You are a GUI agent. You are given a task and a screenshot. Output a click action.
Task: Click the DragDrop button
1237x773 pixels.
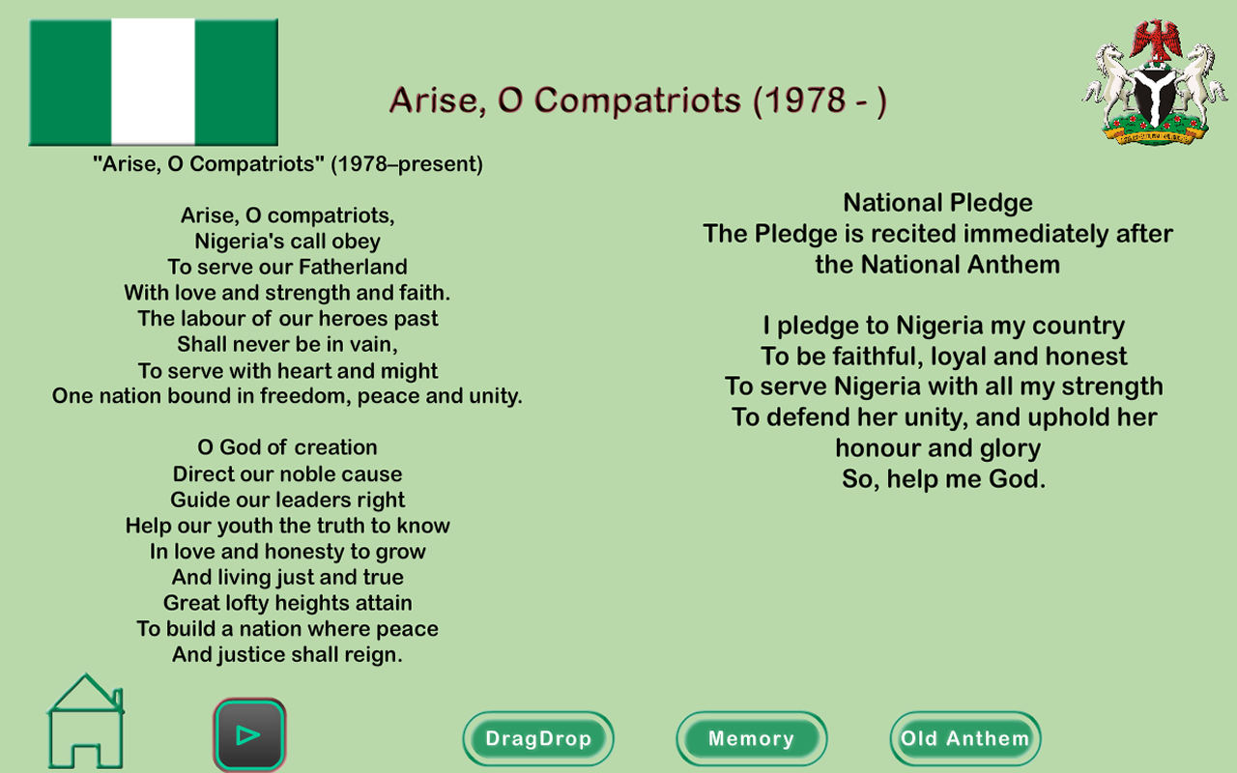pyautogui.click(x=538, y=738)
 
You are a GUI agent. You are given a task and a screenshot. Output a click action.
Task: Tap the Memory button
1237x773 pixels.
pyautogui.click(x=752, y=738)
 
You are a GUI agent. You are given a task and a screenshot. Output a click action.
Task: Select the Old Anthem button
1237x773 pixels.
pyautogui.click(x=965, y=738)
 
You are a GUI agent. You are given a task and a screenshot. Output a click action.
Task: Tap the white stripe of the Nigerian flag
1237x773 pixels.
pyautogui.click(x=153, y=82)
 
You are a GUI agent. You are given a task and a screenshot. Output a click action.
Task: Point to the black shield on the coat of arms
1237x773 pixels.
pyautogui.click(x=1155, y=95)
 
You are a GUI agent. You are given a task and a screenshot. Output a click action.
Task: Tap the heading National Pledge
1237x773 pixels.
pyautogui.click(x=937, y=203)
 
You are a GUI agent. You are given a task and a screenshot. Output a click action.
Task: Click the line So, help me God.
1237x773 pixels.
pyautogui.click(x=943, y=478)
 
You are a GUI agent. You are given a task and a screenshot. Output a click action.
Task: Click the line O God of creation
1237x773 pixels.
pyautogui.click(x=287, y=447)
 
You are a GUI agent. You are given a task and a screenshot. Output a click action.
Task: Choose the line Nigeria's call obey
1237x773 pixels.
pyautogui.click(x=287, y=242)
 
